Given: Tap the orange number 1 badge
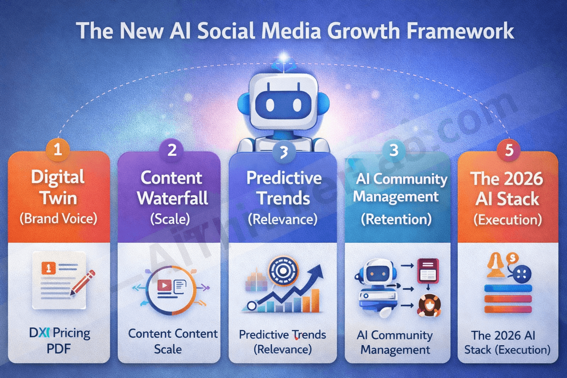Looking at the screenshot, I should click(x=58, y=150).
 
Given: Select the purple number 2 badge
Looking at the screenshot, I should click(x=172, y=150).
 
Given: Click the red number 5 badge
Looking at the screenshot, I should click(x=509, y=150).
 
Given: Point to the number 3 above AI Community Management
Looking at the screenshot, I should click(x=394, y=150).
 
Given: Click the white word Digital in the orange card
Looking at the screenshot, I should click(x=58, y=177).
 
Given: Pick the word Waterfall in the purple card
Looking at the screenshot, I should click(x=172, y=198).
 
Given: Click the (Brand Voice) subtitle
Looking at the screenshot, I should click(x=58, y=219).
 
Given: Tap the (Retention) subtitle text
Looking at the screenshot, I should click(x=396, y=219).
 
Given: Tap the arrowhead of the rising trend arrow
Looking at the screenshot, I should click(x=316, y=271).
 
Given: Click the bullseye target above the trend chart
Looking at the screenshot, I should click(x=283, y=271).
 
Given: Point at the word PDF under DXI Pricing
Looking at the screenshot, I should click(x=58, y=349).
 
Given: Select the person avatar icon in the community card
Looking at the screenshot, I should click(x=430, y=306).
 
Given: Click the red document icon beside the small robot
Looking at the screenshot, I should click(x=428, y=271).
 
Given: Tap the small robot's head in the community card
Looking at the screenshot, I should click(x=377, y=273).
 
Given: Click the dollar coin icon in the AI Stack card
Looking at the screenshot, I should click(x=512, y=258).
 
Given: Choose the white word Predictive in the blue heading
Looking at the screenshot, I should click(x=284, y=178).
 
